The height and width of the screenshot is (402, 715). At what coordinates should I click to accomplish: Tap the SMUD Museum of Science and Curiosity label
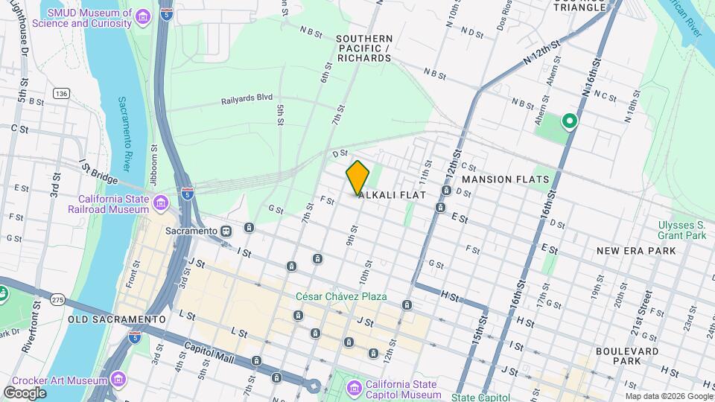tap(89, 18)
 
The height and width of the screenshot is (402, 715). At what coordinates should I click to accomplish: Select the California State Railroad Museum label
tap(114, 204)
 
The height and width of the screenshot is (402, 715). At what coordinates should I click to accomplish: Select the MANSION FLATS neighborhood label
tap(506, 179)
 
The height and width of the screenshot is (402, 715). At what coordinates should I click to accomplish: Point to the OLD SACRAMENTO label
tap(116, 319)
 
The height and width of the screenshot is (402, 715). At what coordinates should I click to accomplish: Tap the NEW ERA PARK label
tap(636, 251)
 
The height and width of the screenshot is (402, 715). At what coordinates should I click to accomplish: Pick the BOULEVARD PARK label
tap(627, 356)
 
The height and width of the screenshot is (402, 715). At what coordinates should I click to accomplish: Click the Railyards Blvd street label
tap(247, 98)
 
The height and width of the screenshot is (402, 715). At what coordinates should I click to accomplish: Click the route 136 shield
tap(61, 93)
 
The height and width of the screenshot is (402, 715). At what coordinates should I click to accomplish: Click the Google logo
tap(25, 392)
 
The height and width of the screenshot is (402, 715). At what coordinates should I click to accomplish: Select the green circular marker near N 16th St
tap(570, 120)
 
